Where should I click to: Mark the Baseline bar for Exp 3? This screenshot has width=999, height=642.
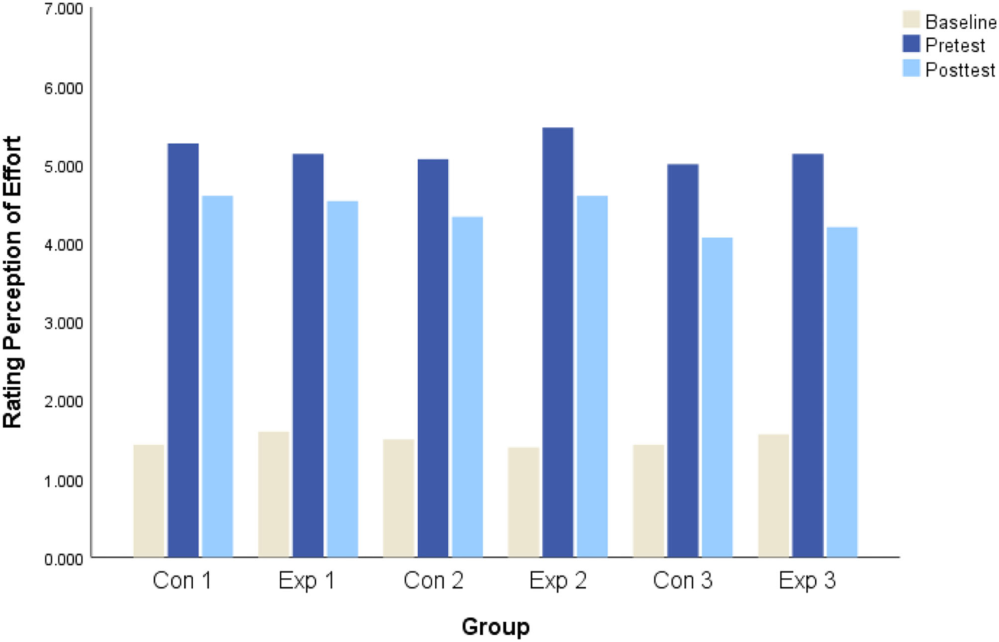773,495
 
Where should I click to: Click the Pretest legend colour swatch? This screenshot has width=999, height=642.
911,44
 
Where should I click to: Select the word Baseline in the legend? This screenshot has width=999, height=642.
961,22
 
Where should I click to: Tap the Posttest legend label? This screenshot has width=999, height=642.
960,70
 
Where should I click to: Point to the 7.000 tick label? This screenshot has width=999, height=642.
63,9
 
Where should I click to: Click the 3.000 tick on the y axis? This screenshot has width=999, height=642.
63,324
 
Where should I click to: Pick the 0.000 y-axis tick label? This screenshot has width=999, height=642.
63,559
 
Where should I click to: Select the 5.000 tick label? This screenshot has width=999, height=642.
63,167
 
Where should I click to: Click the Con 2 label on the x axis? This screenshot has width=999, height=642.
433,581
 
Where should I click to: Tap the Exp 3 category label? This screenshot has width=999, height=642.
807,581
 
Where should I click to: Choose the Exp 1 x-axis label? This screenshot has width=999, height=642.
307,581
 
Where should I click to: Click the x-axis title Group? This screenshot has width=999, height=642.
496,627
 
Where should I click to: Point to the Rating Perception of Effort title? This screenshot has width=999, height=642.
12,282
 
